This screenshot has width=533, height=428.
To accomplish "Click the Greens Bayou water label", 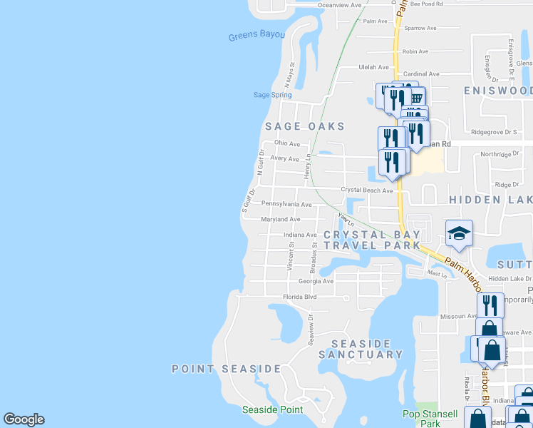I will pyautogui.click(x=257, y=36).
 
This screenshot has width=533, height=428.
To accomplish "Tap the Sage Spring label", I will pyautogui.click(x=272, y=95).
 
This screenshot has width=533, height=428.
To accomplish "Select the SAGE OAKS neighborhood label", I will pyautogui.click(x=304, y=126).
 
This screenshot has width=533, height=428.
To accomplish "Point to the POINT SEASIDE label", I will pyautogui.click(x=227, y=369).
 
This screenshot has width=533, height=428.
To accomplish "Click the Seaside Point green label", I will pyautogui.click(x=272, y=409).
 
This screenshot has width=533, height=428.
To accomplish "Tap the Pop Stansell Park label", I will pyautogui.click(x=430, y=419).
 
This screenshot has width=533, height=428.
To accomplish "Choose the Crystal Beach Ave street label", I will pyautogui.click(x=367, y=190).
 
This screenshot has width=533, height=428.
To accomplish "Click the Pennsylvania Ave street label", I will pyautogui.click(x=286, y=204).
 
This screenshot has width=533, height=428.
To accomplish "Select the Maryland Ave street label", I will pyautogui.click(x=281, y=219).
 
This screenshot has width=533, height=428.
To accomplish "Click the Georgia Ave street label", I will pyautogui.click(x=318, y=281).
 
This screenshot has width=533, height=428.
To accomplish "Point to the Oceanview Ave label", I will pyautogui.click(x=340, y=4).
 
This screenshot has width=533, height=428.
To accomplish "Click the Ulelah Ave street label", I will pyautogui.click(x=373, y=67).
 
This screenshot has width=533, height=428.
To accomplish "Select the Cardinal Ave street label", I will pyautogui.click(x=421, y=73).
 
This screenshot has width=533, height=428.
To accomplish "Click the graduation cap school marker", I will pyautogui.click(x=460, y=233).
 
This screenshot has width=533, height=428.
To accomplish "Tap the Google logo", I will pyautogui.click(x=24, y=419).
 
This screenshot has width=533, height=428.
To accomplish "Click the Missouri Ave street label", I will pyautogui.click(x=457, y=315).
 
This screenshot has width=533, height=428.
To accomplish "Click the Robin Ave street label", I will pyautogui.click(x=415, y=51).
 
